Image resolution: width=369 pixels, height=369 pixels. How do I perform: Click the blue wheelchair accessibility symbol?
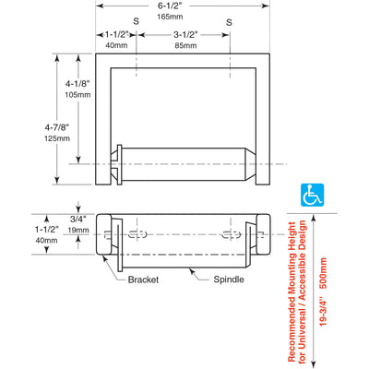[x=312, y=195]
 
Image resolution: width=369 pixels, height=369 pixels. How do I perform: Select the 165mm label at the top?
[x=170, y=17]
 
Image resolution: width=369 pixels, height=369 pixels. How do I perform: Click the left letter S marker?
[x=136, y=21]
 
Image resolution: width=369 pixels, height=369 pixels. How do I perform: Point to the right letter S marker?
[x=229, y=22]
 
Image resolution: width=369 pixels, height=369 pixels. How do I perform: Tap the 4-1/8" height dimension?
[x=77, y=83]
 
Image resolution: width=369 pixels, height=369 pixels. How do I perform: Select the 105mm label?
[x=77, y=95]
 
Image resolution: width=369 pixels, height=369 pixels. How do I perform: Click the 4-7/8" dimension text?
[x=57, y=127]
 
